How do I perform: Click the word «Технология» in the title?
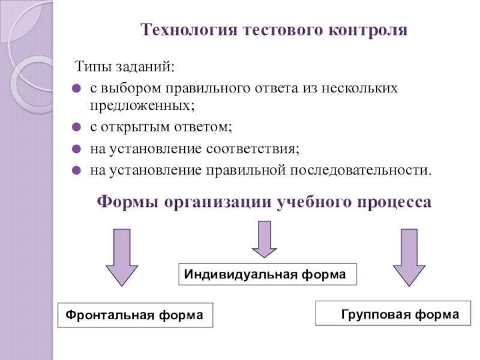[x=189, y=31]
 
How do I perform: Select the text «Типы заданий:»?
[x=125, y=67]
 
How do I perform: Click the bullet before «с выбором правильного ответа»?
[x=76, y=89]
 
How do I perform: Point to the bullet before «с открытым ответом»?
[x=76, y=127]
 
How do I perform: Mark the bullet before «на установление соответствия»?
[x=76, y=149]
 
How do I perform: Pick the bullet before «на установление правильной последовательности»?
[x=76, y=170]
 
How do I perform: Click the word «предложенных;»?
[x=142, y=106]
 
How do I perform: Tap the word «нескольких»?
[x=359, y=88]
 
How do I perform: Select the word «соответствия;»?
[x=253, y=149]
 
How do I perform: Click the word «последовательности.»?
[x=361, y=170]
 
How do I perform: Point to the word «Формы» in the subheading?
[x=128, y=202]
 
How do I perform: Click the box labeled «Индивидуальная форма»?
[x=268, y=274]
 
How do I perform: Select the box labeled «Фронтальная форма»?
[x=136, y=316]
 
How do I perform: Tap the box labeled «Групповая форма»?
[x=393, y=313]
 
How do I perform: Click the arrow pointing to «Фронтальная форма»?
[x=122, y=257]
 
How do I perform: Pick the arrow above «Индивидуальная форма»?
[x=264, y=239]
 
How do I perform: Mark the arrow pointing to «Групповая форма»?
[x=409, y=257]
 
